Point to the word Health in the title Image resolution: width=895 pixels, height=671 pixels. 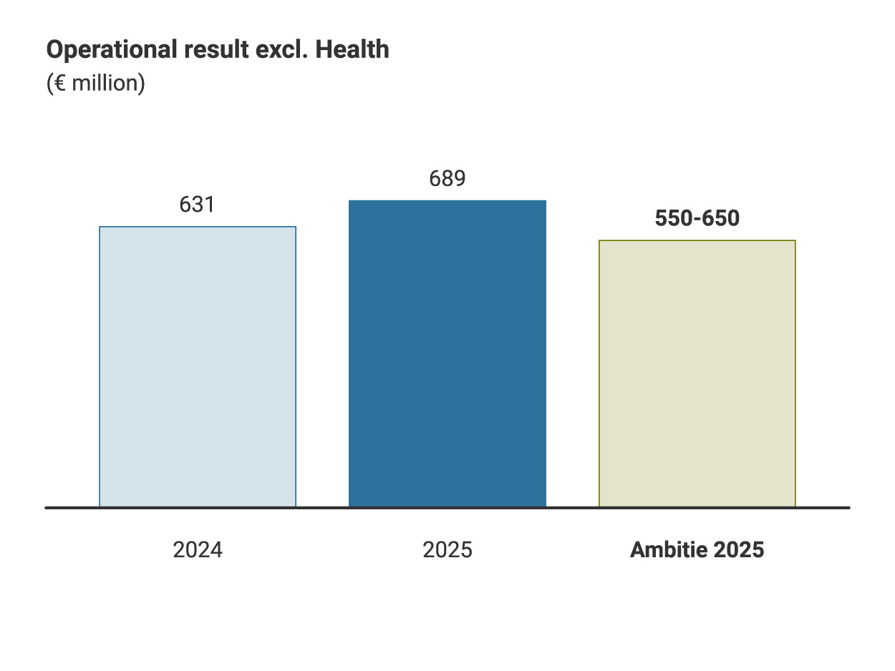(353, 50)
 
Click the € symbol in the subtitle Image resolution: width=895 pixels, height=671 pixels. (59, 84)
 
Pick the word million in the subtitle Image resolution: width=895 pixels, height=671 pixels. (104, 84)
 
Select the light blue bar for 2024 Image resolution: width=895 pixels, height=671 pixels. (198, 366)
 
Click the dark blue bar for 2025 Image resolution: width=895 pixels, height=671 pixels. (447, 353)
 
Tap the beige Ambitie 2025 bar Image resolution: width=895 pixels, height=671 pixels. (697, 373)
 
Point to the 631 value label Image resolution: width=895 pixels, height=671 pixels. (197, 205)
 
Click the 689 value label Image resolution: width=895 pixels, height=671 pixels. (447, 179)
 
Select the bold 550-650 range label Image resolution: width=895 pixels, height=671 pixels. (697, 219)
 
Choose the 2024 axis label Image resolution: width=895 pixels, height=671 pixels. (198, 550)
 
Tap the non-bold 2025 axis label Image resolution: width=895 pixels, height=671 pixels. (447, 550)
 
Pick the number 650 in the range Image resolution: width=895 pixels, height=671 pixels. (722, 219)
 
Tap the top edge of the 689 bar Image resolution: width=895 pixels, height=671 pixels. (447, 201)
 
